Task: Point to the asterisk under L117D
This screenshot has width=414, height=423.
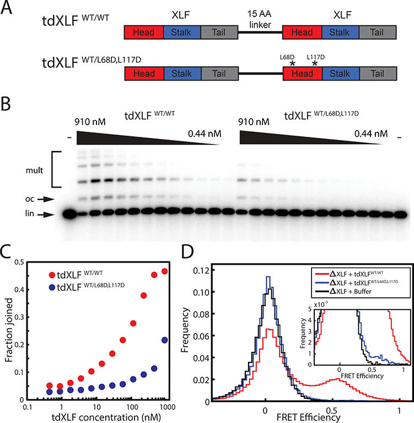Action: click(x=315, y=64)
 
